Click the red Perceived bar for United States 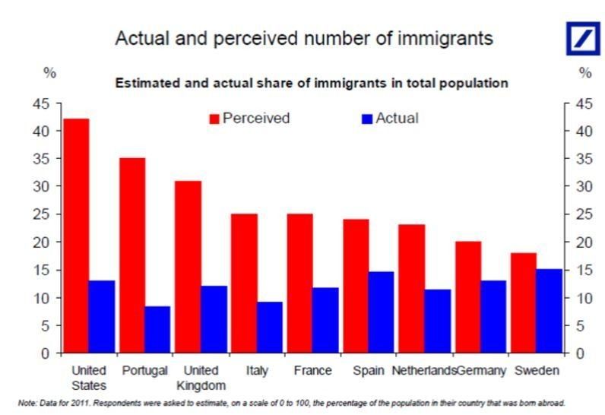pyautogui.click(x=76, y=236)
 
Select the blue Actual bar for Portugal pyautogui.click(x=158, y=329)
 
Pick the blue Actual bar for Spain pyautogui.click(x=382, y=312)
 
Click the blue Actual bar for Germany pyautogui.click(x=494, y=316)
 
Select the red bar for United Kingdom pyautogui.click(x=188, y=266)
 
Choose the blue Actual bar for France pyautogui.click(x=325, y=319)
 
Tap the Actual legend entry pyautogui.click(x=390, y=119)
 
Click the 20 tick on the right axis pyautogui.click(x=580, y=242)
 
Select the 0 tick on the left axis pyautogui.click(x=46, y=353)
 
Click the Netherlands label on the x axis pyautogui.click(x=423, y=371)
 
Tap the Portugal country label pyautogui.click(x=144, y=371)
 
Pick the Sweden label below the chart pyautogui.click(x=537, y=371)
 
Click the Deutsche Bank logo pyautogui.click(x=582, y=37)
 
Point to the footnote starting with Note pyautogui.click(x=292, y=403)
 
